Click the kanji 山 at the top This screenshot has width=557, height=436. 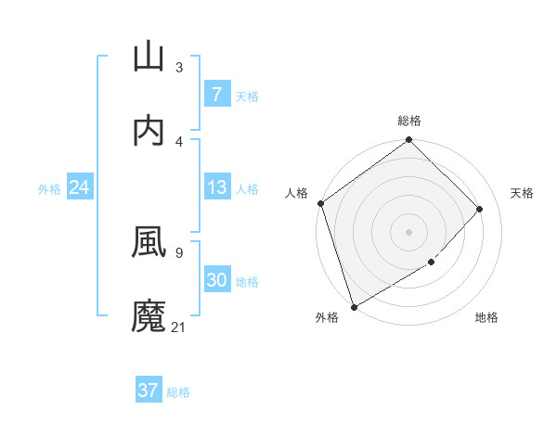click(149, 57)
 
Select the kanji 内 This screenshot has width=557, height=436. click(149, 131)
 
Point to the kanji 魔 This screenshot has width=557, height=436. click(149, 315)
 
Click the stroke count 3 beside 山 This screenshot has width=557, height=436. click(179, 67)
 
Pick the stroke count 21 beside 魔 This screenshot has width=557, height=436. click(179, 327)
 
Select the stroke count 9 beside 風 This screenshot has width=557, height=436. click(179, 251)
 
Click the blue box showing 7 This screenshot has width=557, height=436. click(216, 95)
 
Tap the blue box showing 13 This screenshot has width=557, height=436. click(216, 187)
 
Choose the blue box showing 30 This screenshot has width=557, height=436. click(216, 280)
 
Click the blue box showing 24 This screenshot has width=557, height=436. click(79, 188)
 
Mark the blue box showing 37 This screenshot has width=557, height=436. click(149, 391)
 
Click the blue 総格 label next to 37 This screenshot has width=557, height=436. click(178, 392)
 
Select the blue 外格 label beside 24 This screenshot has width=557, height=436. click(49, 189)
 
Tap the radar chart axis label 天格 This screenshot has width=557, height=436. click(523, 193)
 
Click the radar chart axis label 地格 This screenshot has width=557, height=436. click(486, 318)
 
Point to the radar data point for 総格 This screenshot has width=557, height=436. click(408, 141)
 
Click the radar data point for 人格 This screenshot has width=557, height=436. click(320, 203)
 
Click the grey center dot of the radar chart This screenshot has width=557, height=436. click(408, 232)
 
